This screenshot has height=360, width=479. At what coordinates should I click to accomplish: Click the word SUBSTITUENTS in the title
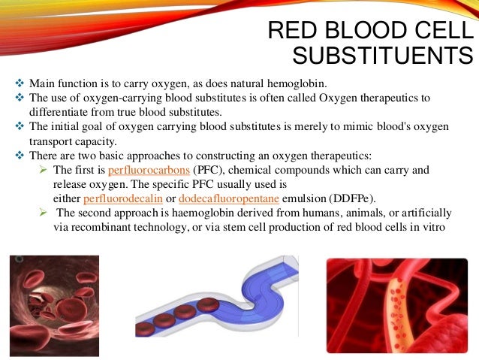(382, 57)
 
